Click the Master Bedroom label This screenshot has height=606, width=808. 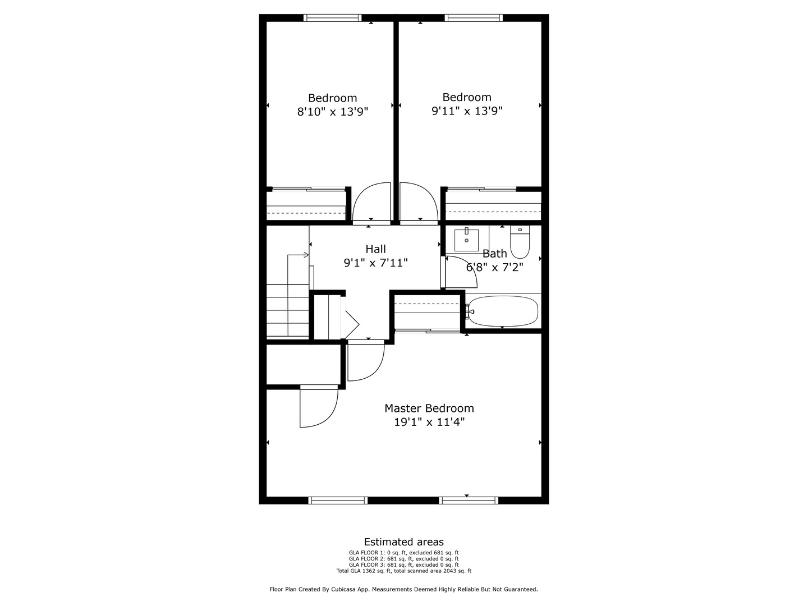(x=429, y=408)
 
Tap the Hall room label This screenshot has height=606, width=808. (x=375, y=249)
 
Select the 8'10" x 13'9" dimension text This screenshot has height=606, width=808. (x=332, y=112)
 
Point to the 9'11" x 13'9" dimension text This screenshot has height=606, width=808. (x=466, y=111)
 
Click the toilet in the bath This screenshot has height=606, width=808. (x=520, y=241)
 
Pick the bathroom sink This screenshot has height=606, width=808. (x=466, y=240)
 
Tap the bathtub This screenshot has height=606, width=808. (x=503, y=311)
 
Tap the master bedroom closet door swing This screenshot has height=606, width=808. (x=318, y=407)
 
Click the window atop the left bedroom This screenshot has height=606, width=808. (x=332, y=18)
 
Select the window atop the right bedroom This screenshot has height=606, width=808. (x=474, y=18)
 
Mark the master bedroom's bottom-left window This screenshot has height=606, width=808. (x=338, y=501)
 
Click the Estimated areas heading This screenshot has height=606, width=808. (x=403, y=542)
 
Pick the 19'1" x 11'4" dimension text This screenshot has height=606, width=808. (x=429, y=422)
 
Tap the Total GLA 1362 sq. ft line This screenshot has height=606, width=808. (x=403, y=571)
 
